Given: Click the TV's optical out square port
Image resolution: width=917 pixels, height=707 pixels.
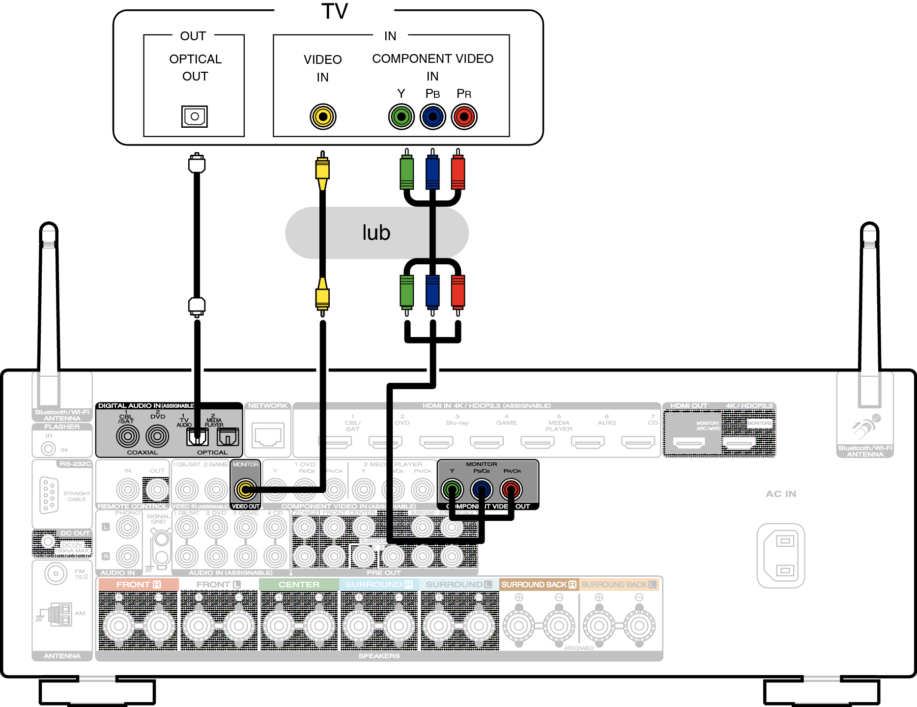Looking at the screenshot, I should point(195,116).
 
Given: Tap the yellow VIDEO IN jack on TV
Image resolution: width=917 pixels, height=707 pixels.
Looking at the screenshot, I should point(323,116).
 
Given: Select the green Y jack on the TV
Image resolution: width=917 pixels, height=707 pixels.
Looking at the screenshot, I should point(401,116).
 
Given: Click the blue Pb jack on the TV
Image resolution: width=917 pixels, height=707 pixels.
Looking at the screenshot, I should point(432,116).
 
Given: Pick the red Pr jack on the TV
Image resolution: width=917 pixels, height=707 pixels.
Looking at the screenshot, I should point(464,116).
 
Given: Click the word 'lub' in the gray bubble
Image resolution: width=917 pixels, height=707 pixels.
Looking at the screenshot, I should point(376,232).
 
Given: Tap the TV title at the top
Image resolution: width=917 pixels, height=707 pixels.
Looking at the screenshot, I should point(335,11).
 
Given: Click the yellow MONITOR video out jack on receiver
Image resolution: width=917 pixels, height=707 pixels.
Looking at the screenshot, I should point(245,489).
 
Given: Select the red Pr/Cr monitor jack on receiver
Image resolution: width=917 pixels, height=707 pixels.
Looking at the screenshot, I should point(511,489).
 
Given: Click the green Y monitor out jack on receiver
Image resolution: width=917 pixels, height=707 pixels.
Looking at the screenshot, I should point(452,489).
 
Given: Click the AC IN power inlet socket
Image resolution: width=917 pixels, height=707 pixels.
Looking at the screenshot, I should point(781,555).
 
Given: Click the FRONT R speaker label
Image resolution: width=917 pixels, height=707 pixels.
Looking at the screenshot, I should point(138,585).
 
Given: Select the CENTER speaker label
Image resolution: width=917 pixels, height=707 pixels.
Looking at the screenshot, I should point(299,585).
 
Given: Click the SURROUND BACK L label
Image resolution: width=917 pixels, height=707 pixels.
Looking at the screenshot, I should point(619,585).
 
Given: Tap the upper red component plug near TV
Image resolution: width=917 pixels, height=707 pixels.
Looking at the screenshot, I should point(458,172).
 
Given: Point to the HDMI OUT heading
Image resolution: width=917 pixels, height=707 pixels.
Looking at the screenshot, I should point(689,406).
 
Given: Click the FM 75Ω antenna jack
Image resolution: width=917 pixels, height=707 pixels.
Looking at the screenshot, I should point(56,573).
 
